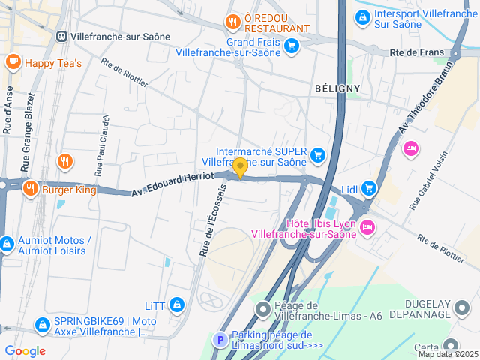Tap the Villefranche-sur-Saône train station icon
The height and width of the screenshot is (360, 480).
coord(61,36)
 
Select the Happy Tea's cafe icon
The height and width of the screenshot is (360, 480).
coord(13,62)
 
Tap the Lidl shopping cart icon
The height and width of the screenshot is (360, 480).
coord(367,188)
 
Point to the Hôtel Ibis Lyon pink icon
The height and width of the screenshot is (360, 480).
coord(367,226)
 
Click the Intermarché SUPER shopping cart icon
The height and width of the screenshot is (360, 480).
coord(318,155)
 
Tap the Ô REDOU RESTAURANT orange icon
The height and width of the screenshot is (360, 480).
coord(233,22)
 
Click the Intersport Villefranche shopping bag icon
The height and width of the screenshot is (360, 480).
coord(362,16)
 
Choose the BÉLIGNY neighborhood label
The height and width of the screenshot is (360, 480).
coord(337,88)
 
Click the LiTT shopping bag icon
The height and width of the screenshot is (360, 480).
coord(177,304)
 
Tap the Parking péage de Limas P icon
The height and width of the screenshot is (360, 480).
coord(220,340)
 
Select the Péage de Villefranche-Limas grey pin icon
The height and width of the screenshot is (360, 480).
coord(263,309)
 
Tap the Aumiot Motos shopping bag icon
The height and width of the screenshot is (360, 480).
coord(6,244)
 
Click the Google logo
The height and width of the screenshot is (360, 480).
coord(25,350)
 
